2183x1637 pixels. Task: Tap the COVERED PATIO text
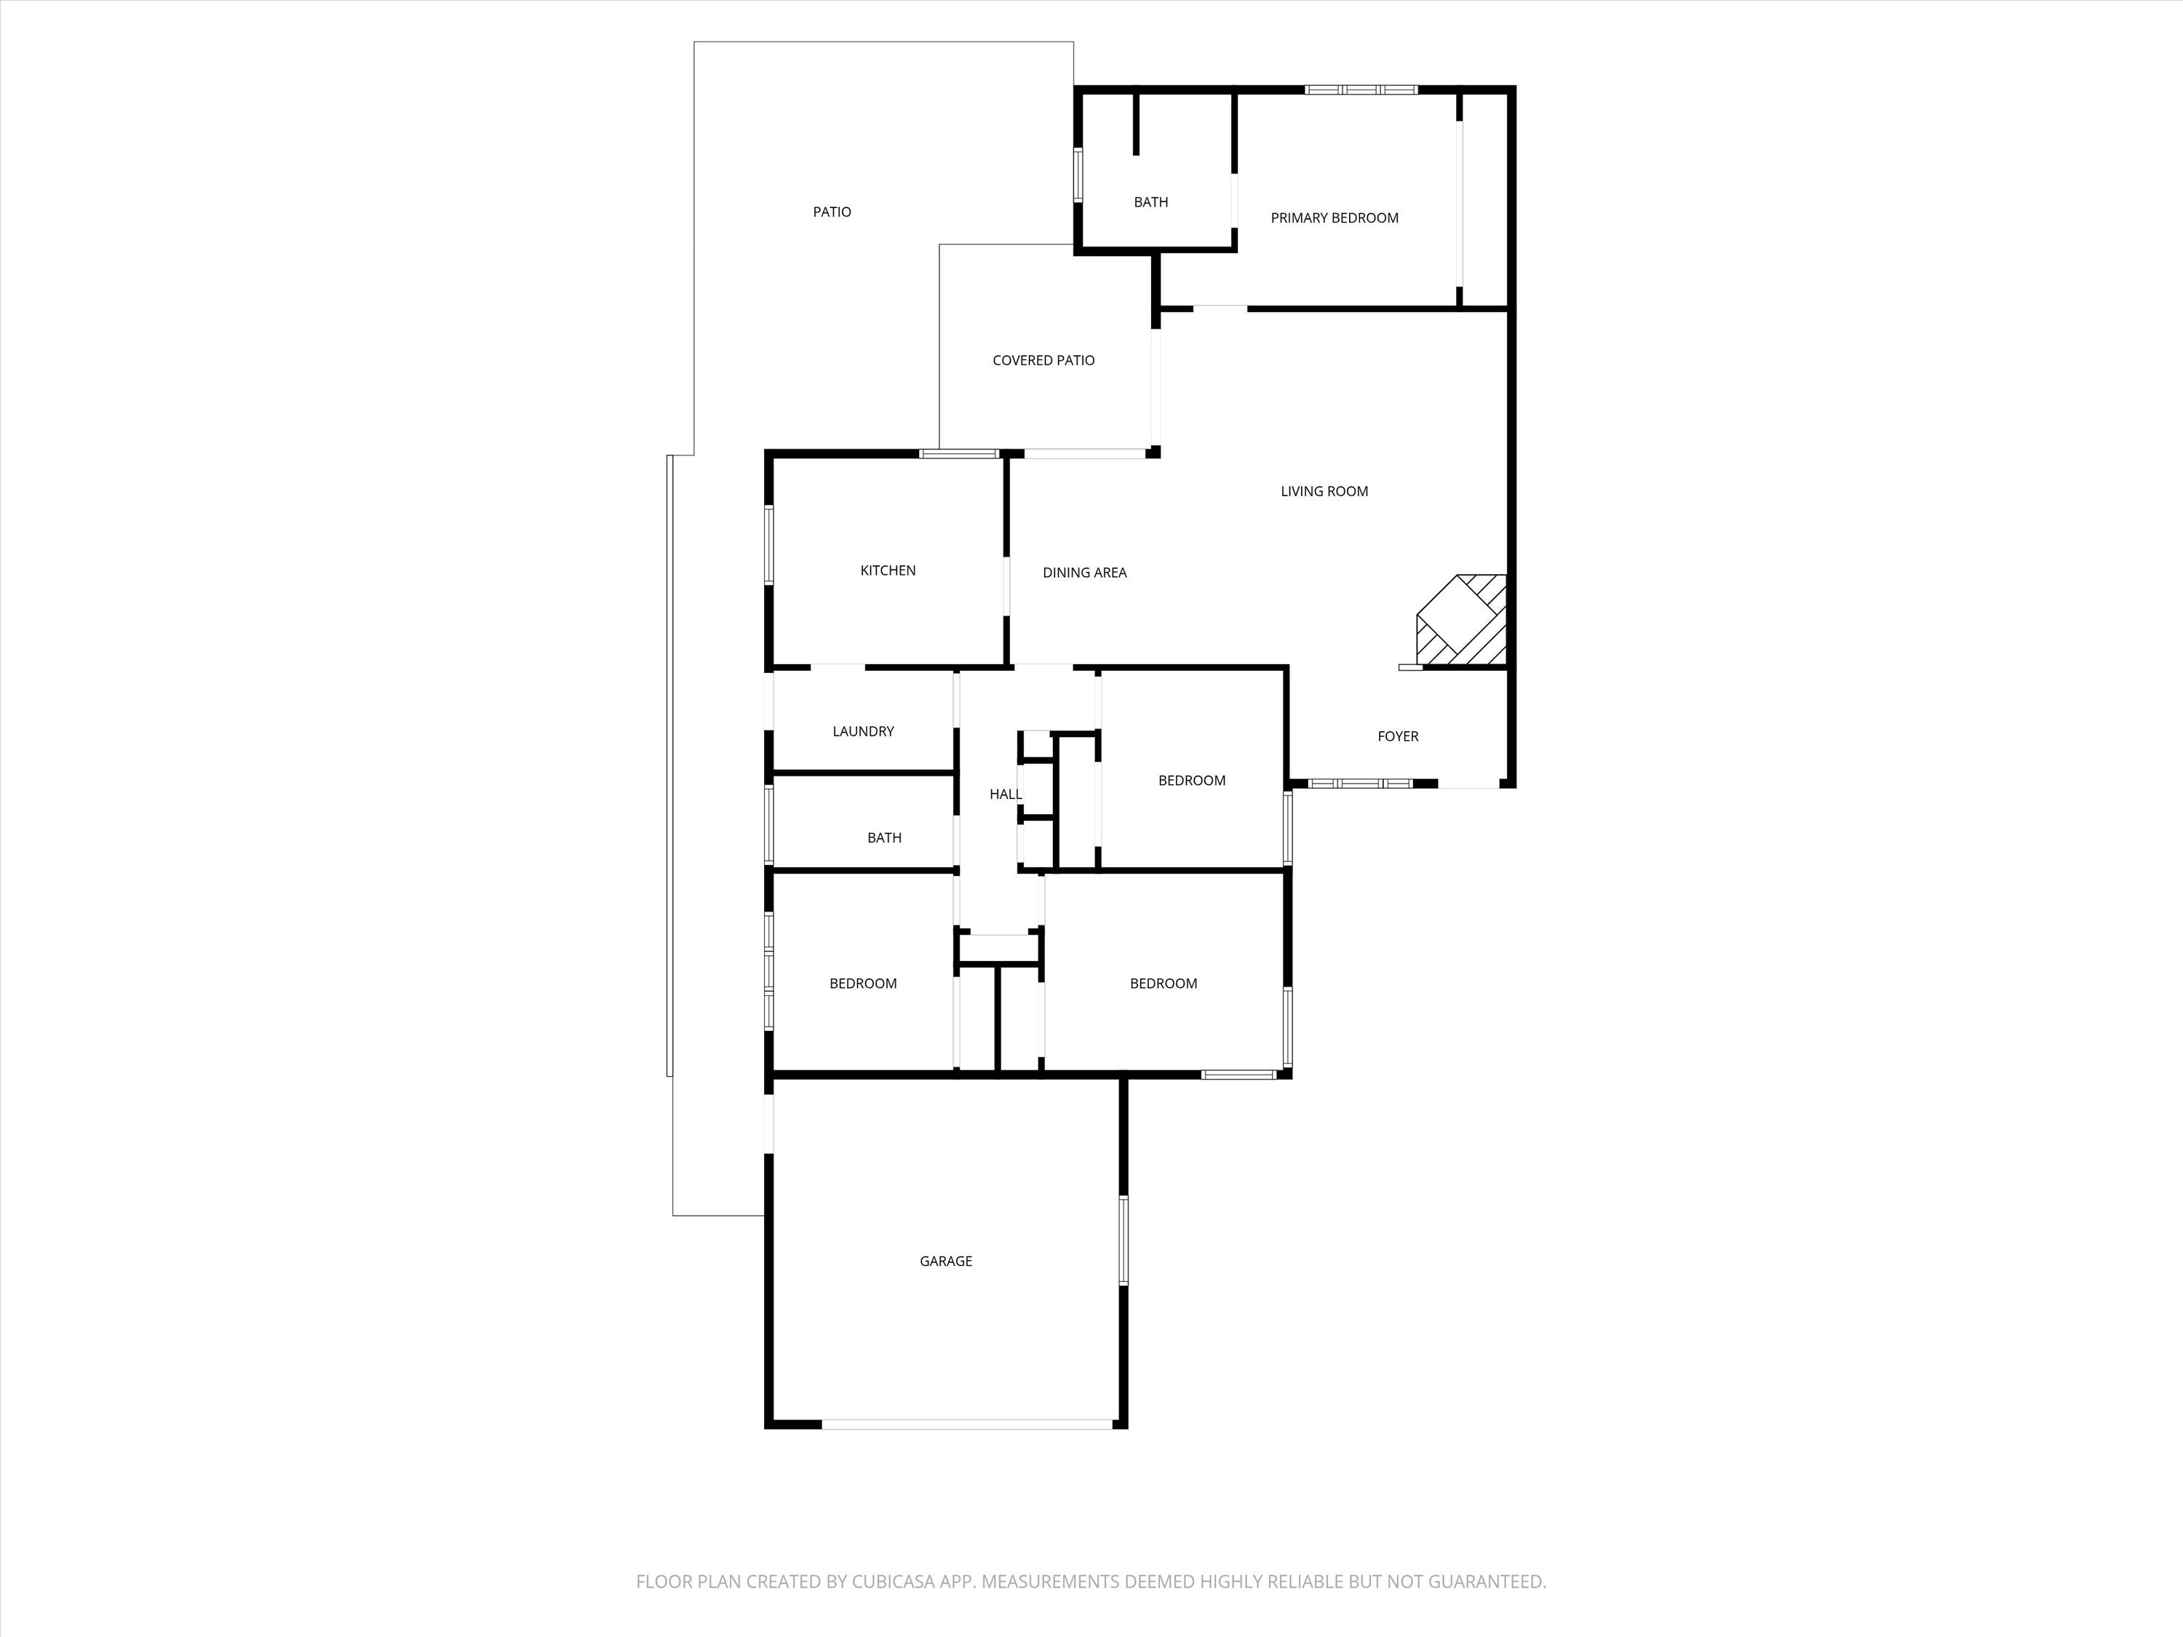pyautogui.click(x=1043, y=361)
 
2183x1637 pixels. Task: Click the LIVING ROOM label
pyautogui.click(x=1324, y=491)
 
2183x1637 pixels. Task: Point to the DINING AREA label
pyautogui.click(x=1085, y=573)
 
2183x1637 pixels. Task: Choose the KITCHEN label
pyautogui.click(x=888, y=570)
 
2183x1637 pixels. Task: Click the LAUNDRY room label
pyautogui.click(x=864, y=731)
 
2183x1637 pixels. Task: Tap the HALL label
pyautogui.click(x=1006, y=794)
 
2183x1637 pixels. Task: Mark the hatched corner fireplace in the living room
pyautogui.click(x=1463, y=620)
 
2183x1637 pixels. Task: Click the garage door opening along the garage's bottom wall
pyautogui.click(x=967, y=1424)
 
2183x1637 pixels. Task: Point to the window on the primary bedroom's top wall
pyautogui.click(x=1361, y=89)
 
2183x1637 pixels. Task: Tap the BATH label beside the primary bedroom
pyautogui.click(x=1150, y=202)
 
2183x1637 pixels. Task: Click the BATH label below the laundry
pyautogui.click(x=884, y=837)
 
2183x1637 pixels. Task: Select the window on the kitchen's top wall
pyautogui.click(x=959, y=454)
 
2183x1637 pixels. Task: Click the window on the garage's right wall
pyautogui.click(x=1123, y=1240)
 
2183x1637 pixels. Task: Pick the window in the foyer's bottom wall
pyautogui.click(x=1360, y=784)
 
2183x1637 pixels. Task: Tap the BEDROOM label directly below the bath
pyautogui.click(x=864, y=984)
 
